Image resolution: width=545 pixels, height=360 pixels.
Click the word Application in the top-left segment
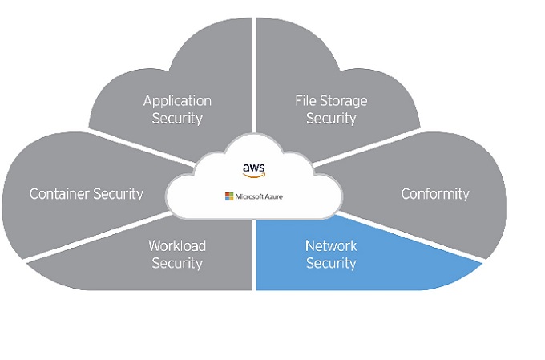[177, 101]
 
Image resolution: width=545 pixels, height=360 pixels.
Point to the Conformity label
[435, 193]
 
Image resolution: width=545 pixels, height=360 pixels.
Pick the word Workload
[177, 245]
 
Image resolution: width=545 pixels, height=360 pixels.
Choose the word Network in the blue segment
[331, 245]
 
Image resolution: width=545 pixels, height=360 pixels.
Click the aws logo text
[253, 167]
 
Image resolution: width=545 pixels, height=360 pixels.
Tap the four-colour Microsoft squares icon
[228, 196]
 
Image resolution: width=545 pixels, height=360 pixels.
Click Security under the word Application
[177, 119]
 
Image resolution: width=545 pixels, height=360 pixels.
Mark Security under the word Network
[331, 263]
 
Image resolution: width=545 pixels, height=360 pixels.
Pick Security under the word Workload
[177, 263]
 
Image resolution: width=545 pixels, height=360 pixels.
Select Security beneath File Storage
[331, 119]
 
